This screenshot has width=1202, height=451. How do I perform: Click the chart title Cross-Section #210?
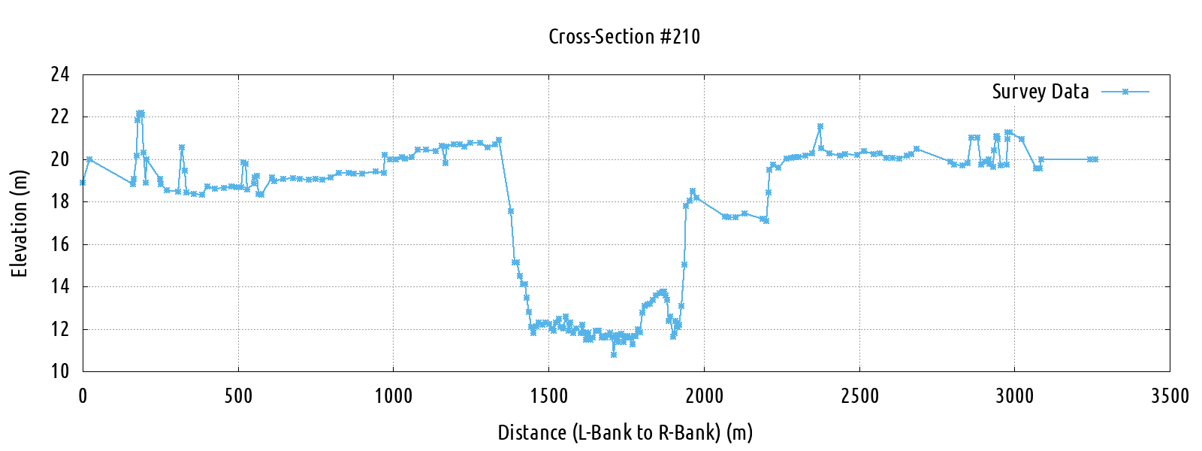(x=624, y=37)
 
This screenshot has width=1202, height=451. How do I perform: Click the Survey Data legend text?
(x=1040, y=92)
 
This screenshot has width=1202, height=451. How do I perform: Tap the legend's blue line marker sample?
(x=1125, y=92)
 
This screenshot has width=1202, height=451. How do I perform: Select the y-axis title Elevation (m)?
(x=20, y=223)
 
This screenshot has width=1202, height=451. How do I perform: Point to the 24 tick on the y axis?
(x=60, y=74)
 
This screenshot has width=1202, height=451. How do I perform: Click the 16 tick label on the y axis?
(x=60, y=244)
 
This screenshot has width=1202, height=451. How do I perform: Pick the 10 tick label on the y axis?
(x=60, y=371)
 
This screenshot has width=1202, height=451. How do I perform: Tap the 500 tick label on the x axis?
(x=238, y=396)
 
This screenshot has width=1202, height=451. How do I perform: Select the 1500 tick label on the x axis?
(x=548, y=396)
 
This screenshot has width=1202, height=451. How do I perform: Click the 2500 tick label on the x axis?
(x=859, y=396)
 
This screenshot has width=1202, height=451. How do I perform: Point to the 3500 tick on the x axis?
(x=1170, y=396)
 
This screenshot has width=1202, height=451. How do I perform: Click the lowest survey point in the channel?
(x=614, y=354)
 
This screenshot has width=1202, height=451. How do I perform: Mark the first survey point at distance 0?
(x=83, y=183)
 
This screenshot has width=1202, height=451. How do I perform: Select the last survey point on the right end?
(x=1095, y=159)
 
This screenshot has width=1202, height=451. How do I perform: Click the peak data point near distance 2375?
(x=820, y=126)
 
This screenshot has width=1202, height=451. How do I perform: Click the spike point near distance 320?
(x=182, y=147)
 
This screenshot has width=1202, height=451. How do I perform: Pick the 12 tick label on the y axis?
(x=60, y=329)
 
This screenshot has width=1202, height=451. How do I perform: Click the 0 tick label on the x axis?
(x=83, y=396)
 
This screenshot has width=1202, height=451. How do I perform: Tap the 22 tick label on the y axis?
(x=60, y=117)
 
